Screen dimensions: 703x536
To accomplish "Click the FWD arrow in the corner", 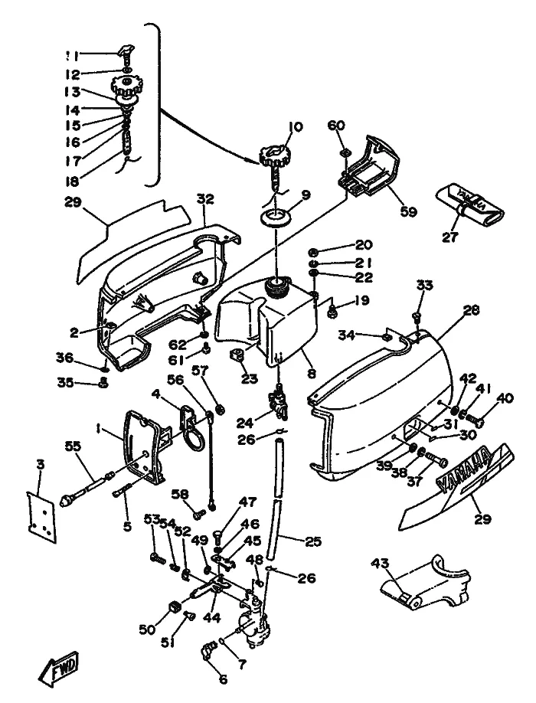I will tap(59, 671).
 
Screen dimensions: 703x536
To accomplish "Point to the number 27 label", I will tap(450, 237).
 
